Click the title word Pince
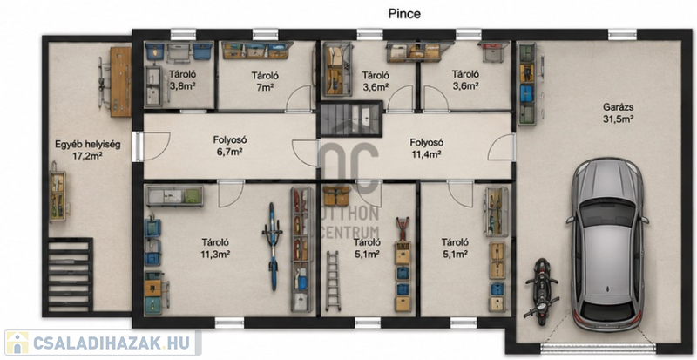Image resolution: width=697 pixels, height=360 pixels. [x=404, y=14]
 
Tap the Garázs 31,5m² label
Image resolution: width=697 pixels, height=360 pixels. [x=618, y=113]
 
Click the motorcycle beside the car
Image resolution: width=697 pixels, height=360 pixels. [x=541, y=291]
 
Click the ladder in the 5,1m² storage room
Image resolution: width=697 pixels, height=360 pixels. [x=333, y=281]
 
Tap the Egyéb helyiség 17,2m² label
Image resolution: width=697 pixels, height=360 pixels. [x=88, y=150]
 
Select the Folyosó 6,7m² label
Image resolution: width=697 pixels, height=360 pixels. [x=230, y=146]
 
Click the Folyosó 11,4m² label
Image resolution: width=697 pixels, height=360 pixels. [x=426, y=148]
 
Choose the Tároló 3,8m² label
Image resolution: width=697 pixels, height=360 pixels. [x=182, y=79]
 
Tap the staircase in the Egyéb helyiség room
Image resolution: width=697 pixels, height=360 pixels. [x=70, y=275]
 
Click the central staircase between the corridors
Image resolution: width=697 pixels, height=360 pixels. [x=349, y=119]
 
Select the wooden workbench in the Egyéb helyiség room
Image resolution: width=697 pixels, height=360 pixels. [x=120, y=82]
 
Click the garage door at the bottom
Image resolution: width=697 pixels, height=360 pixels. [x=598, y=348]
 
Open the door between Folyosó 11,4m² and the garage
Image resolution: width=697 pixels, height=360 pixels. [x=502, y=147]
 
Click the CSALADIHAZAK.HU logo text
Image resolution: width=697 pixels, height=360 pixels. [x=112, y=343]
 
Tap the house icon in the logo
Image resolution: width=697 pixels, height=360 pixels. [x=17, y=343]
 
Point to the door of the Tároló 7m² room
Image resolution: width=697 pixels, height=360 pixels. [x=298, y=98]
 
